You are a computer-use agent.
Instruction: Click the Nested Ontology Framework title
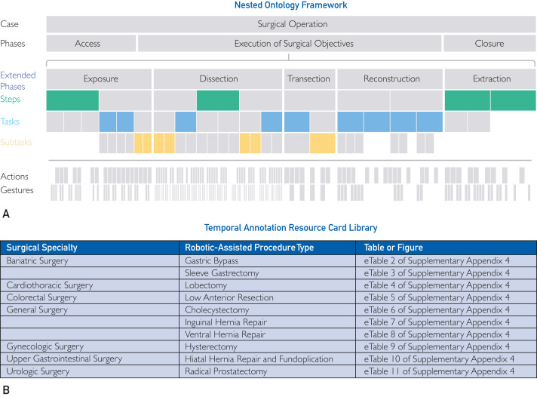tap(291, 5)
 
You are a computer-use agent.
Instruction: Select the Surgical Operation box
tap(291, 24)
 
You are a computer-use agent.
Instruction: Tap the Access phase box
tap(91, 44)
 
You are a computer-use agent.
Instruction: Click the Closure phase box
tap(489, 44)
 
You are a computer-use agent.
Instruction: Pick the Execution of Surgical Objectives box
tap(290, 44)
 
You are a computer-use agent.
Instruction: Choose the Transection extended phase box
tap(309, 78)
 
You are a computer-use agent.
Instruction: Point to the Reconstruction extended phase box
tap(390, 78)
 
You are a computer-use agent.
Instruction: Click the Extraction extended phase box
tap(490, 78)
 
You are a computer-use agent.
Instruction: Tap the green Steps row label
tap(11, 99)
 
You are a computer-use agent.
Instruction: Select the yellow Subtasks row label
tap(16, 142)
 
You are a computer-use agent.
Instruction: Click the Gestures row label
tap(17, 190)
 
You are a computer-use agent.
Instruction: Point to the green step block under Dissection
tap(218, 100)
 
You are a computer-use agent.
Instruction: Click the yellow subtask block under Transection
tap(323, 143)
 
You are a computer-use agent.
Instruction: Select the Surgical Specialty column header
tap(41, 248)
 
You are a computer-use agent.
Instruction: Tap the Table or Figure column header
tap(394, 248)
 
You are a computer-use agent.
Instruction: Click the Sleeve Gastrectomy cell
tap(222, 273)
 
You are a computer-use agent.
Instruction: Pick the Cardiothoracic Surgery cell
tap(50, 285)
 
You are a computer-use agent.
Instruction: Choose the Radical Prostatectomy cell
tap(226, 371)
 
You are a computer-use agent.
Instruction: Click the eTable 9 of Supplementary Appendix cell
tap(437, 346)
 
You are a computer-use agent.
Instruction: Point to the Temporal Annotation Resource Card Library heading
tap(291, 228)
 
